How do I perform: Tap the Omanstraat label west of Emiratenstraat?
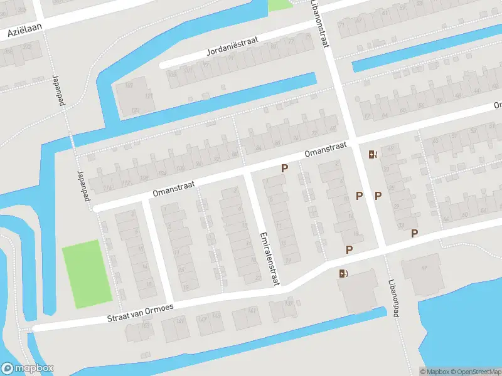[173, 189]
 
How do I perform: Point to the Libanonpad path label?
[393, 298]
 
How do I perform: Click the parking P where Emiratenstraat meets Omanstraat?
[285, 168]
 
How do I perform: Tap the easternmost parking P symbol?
[414, 233]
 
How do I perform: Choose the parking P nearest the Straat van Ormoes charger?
[349, 249]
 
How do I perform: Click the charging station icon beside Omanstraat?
[373, 154]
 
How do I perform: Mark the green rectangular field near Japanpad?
[87, 273]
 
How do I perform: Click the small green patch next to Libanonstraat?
[280, 4]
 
